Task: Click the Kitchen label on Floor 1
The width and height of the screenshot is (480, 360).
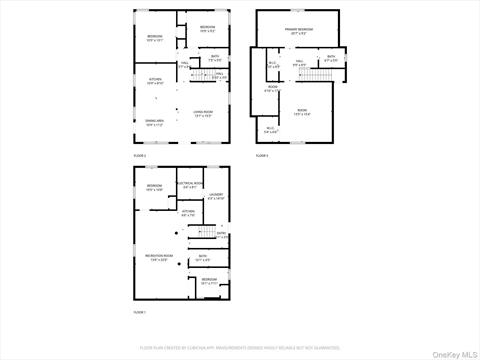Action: coord(188,213)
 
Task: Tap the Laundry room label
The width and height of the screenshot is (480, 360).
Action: coord(216,196)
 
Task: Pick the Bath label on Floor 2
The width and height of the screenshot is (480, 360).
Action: coord(215,57)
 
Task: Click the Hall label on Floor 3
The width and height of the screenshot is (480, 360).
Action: coord(299,64)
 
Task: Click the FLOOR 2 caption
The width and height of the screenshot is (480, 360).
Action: coord(140,156)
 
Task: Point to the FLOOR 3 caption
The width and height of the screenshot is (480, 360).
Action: coord(262,156)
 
